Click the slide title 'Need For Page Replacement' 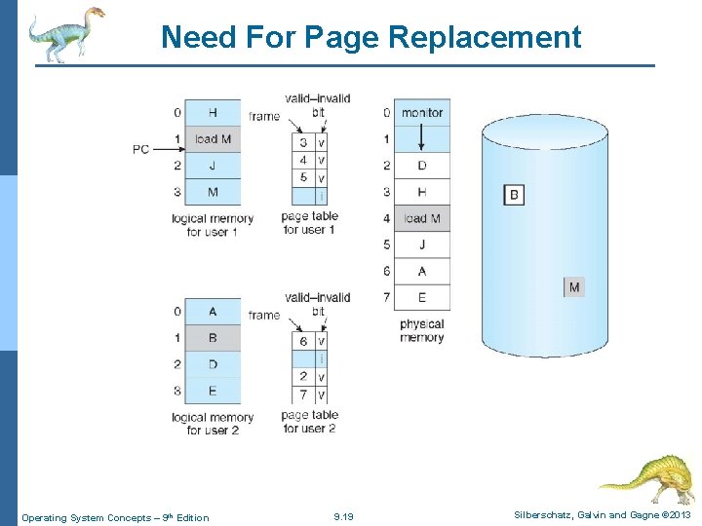[x=370, y=37]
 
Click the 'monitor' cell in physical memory [x=422, y=113]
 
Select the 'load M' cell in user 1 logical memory [x=213, y=139]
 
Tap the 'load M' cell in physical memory [x=422, y=218]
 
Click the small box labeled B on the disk [x=514, y=195]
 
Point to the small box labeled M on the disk [x=574, y=287]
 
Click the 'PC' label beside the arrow [x=141, y=149]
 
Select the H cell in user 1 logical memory [x=213, y=113]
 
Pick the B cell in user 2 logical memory [x=213, y=338]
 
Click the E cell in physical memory [x=422, y=297]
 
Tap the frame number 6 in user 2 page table [x=303, y=342]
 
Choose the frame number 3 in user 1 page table [x=303, y=143]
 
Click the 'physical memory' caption [x=421, y=331]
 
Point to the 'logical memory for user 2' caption [x=213, y=424]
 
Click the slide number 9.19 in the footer [x=343, y=517]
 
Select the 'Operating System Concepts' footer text [x=115, y=517]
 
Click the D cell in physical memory [x=422, y=166]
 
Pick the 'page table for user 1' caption [x=308, y=223]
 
